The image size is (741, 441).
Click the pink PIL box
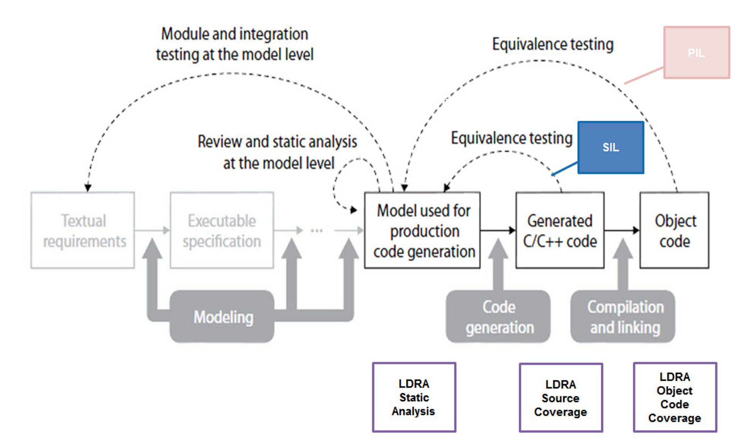pyautogui.click(x=696, y=52)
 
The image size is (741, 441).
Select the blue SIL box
pyautogui.click(x=611, y=147)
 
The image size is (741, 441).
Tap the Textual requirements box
pyautogui.click(x=83, y=230)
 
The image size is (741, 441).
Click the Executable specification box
pyautogui.click(x=222, y=230)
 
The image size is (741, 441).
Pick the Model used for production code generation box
pyautogui.click(x=423, y=230)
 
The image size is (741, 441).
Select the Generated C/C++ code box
pyautogui.click(x=560, y=230)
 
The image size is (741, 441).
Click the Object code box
pyautogui.click(x=674, y=230)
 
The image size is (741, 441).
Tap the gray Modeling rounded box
pyautogui.click(x=223, y=317)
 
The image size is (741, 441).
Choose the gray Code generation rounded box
pyautogui.click(x=499, y=317)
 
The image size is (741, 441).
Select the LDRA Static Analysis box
pyautogui.click(x=414, y=397)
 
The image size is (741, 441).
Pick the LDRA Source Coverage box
pyautogui.click(x=561, y=398)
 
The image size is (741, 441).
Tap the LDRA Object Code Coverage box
pyautogui.click(x=675, y=397)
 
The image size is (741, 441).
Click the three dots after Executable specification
pyautogui.click(x=316, y=231)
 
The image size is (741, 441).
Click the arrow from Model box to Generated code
pyautogui.click(x=498, y=230)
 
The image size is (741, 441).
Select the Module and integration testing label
pyautogui.click(x=234, y=44)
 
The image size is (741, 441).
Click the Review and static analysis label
pyautogui.click(x=277, y=152)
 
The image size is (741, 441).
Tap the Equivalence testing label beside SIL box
pyautogui.click(x=511, y=138)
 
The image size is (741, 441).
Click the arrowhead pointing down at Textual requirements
pyautogui.click(x=88, y=188)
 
